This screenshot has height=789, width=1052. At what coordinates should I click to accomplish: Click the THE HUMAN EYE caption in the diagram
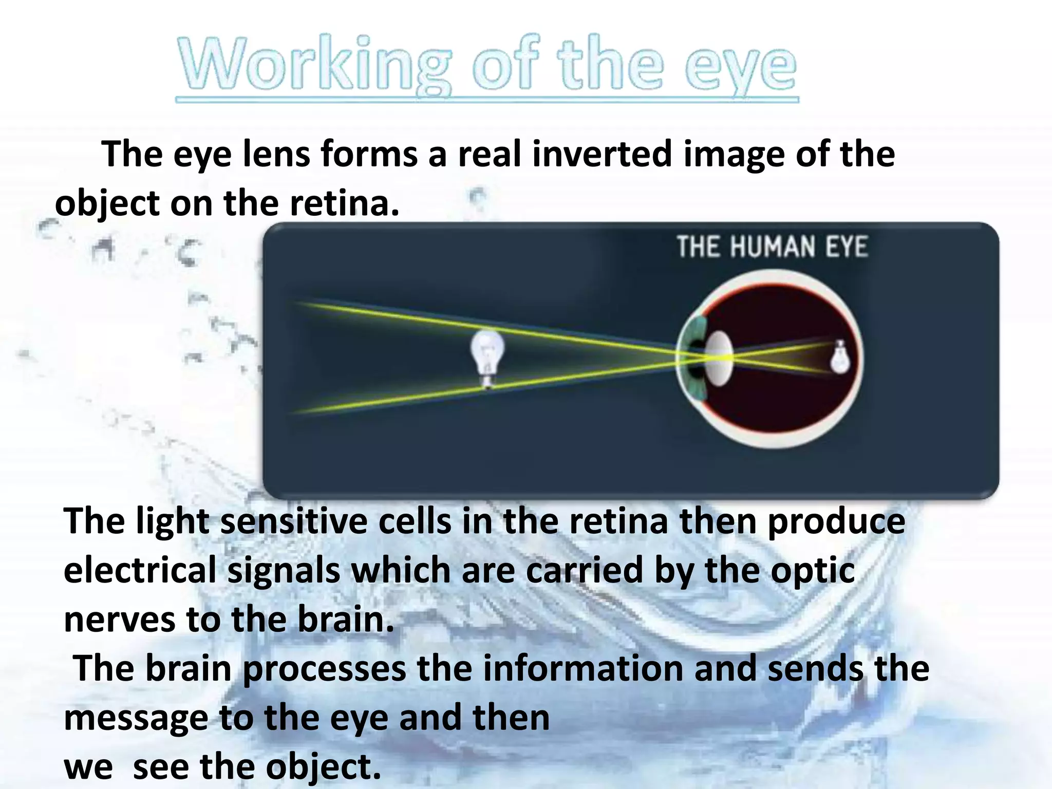(772, 247)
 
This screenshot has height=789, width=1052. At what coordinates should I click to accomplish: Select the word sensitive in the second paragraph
(294, 521)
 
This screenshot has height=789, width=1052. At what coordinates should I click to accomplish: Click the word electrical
(140, 571)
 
